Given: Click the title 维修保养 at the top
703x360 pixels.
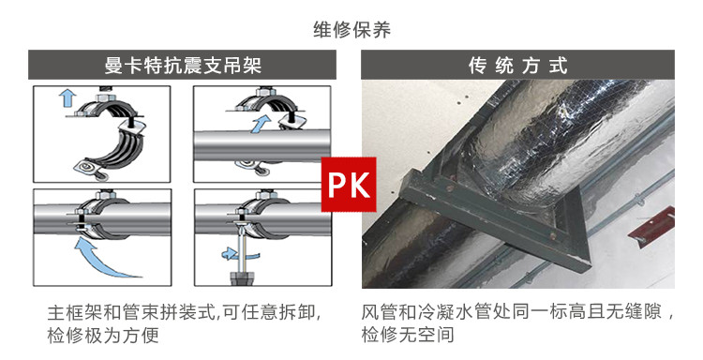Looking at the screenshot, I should (351, 29).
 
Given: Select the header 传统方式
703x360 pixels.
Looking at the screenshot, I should (518, 67).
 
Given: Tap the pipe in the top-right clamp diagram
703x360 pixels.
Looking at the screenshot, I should (225, 143).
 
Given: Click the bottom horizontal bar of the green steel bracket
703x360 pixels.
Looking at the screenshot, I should (487, 247).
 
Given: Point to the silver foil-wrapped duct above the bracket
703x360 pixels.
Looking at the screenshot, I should (562, 131).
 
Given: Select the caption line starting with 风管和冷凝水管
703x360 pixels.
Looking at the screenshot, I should (518, 312).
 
